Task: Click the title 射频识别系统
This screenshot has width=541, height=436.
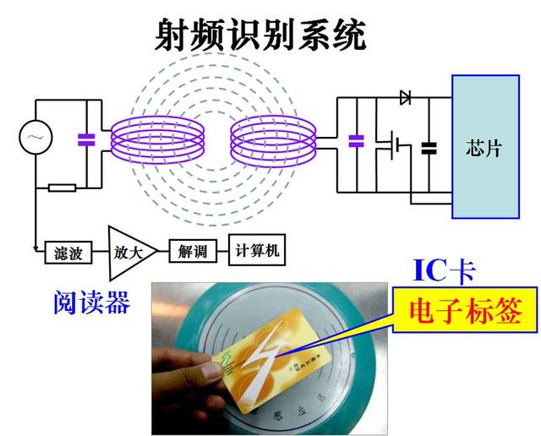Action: coord(261,35)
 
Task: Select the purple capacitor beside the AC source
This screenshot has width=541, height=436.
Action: coord(85,139)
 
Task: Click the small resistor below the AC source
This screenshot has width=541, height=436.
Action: coord(62,187)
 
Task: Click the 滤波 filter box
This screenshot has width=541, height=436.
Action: coord(68,251)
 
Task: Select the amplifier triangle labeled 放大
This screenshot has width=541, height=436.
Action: coord(125,251)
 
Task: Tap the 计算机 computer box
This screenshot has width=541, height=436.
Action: coord(257,250)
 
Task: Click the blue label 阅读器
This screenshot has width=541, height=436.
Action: coord(89,302)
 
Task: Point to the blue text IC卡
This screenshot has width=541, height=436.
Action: coord(444,271)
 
